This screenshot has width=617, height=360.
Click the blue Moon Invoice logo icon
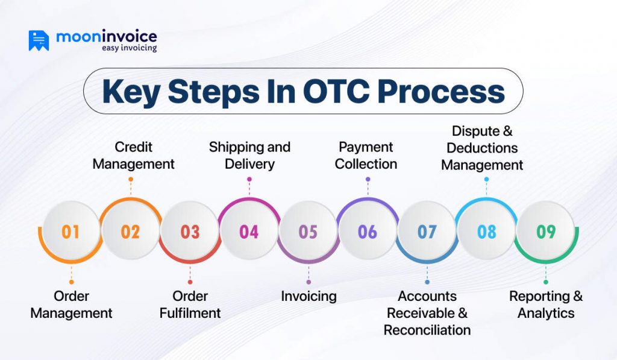39,40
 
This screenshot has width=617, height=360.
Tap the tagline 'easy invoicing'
129,48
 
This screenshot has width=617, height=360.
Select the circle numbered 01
70,232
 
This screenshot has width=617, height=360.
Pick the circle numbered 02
130,232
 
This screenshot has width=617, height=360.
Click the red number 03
190,232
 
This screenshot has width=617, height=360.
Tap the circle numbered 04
249,232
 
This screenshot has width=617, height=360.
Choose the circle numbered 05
308,232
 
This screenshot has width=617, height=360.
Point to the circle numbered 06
368,232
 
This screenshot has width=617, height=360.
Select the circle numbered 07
427,232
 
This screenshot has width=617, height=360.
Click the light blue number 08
486,232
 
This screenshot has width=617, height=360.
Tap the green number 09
546,232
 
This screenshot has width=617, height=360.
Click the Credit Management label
134,156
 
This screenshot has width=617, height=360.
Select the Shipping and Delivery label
249,156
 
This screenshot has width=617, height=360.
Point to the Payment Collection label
366,156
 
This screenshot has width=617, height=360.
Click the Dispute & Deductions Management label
482,148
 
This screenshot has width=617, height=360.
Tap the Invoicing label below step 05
308,296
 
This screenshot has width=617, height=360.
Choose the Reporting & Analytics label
546,305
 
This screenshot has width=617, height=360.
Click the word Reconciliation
427,330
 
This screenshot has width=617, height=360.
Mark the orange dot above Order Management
71,282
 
